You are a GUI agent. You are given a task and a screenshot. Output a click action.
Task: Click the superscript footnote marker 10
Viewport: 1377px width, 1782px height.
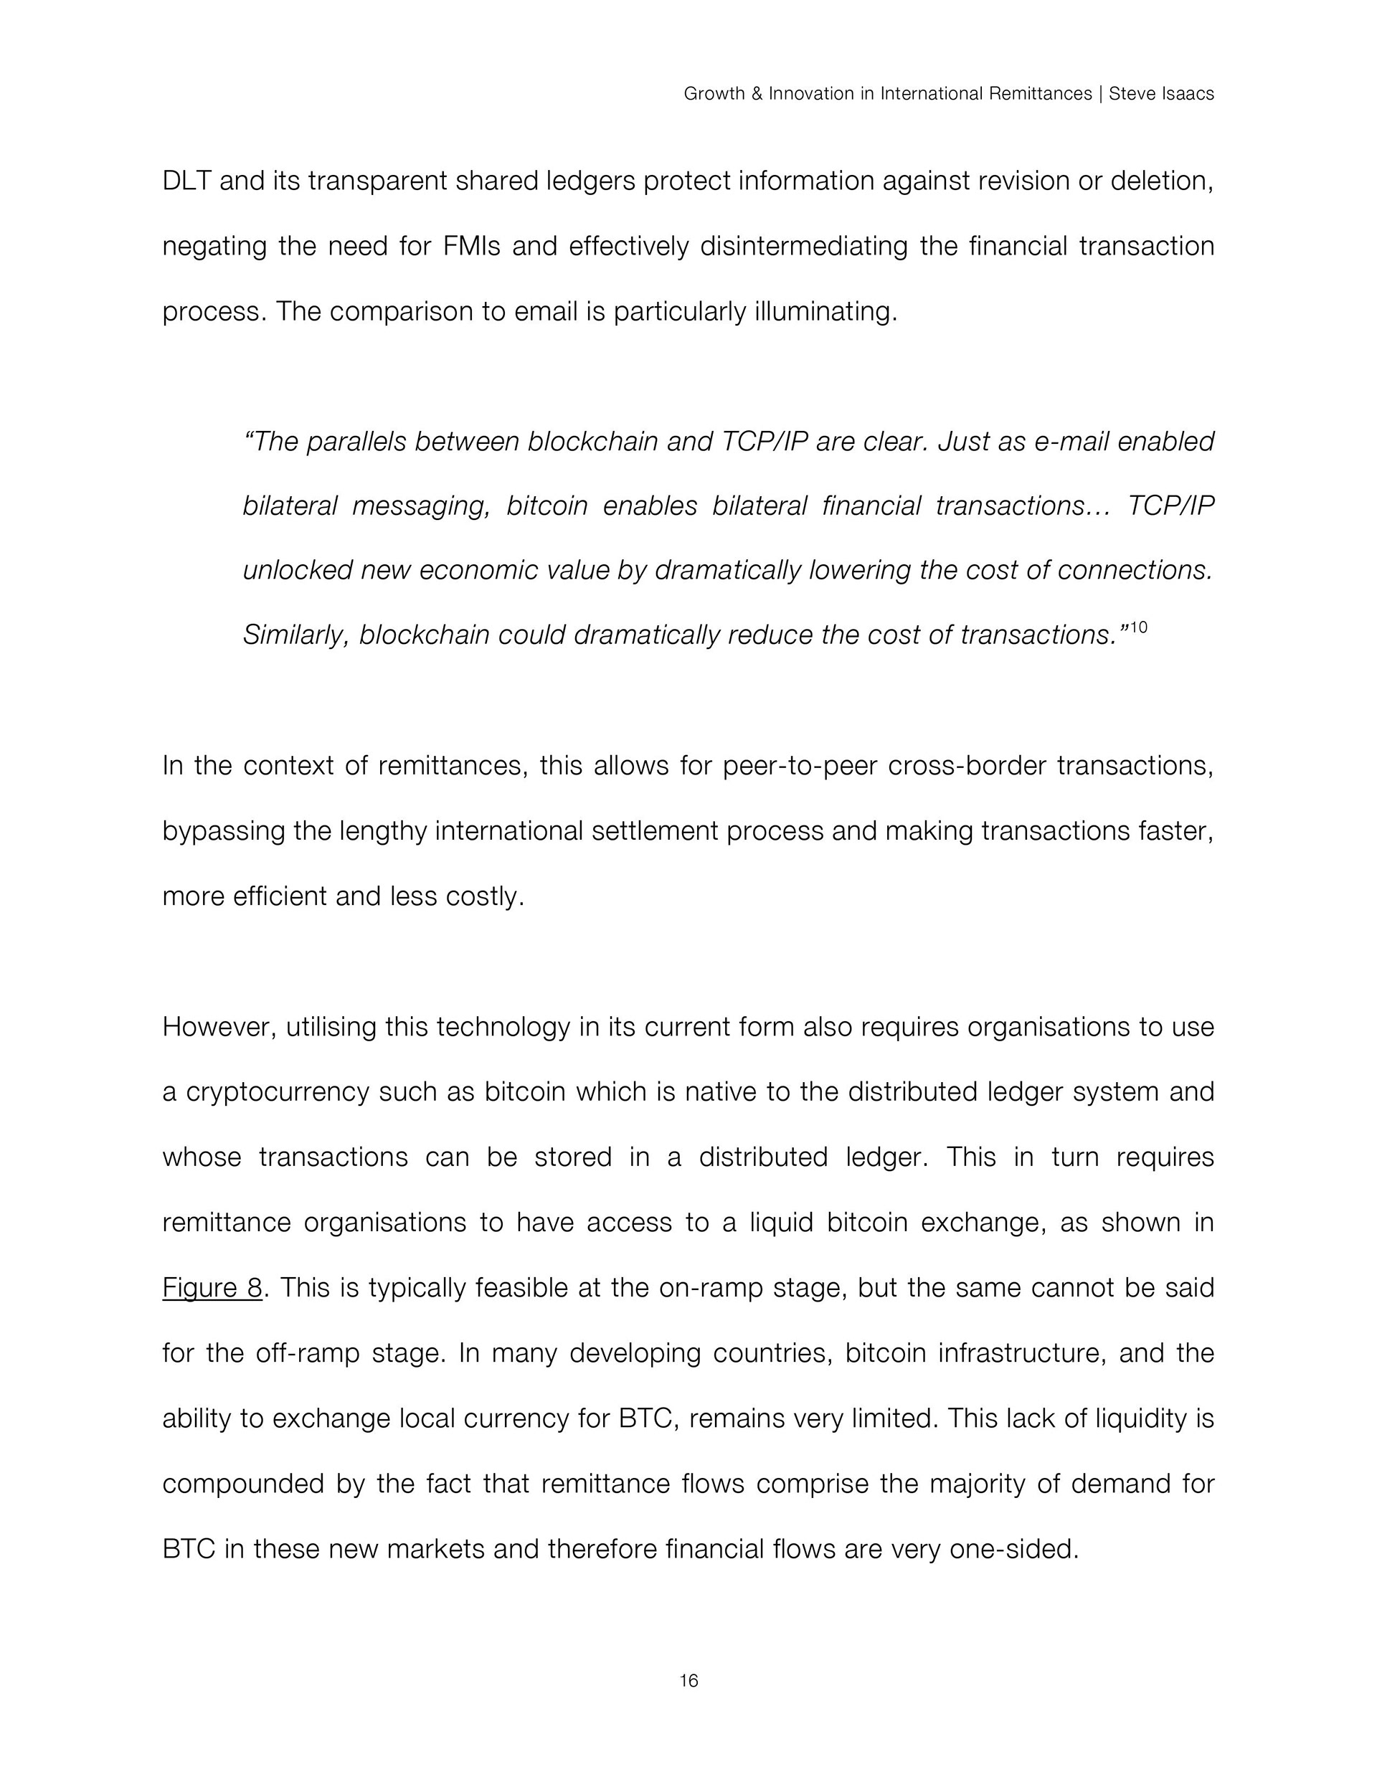(x=1139, y=627)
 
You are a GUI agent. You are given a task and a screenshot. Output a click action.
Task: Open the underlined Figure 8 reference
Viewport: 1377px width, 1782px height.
(x=212, y=1287)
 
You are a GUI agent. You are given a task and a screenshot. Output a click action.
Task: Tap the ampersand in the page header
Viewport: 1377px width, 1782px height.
(x=756, y=94)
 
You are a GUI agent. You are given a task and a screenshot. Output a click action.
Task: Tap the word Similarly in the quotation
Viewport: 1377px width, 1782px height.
(x=297, y=635)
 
